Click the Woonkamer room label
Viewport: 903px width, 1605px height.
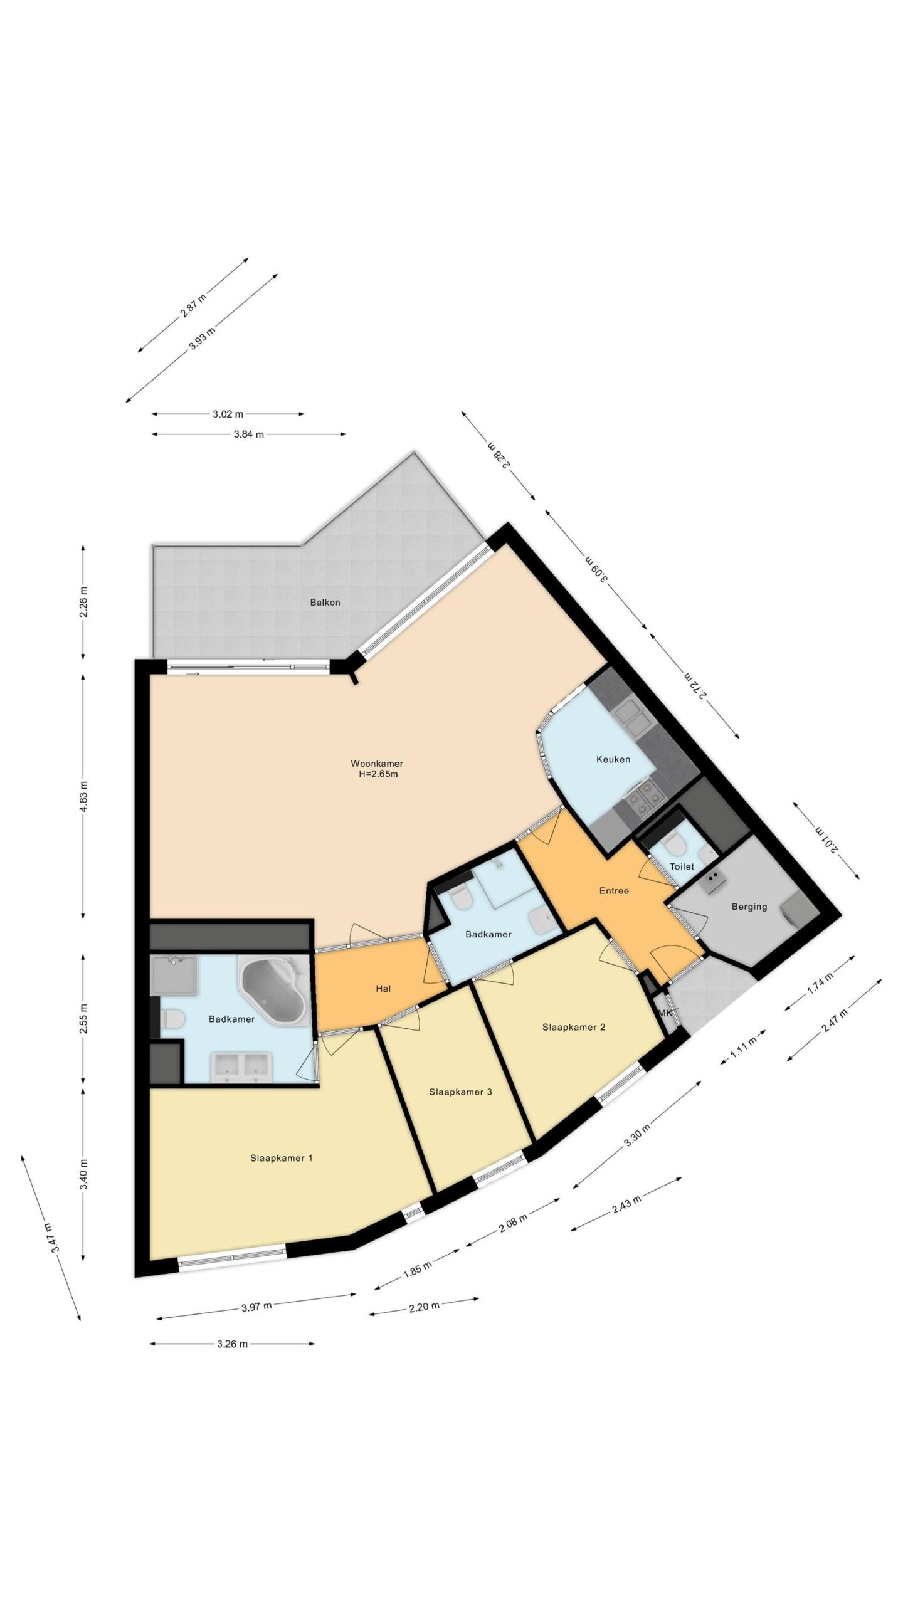[376, 763]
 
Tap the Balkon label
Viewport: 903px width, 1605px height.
[325, 602]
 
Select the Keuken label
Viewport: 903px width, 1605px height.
[613, 759]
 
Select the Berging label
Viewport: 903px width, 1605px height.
[749, 907]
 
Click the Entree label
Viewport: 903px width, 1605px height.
[613, 890]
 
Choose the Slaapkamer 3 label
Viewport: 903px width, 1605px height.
[460, 1092]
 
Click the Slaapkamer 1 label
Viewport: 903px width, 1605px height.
[281, 1158]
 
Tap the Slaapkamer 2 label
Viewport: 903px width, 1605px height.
[573, 1027]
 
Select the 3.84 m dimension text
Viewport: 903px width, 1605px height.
[248, 434]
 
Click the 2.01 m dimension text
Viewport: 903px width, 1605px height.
[826, 839]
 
